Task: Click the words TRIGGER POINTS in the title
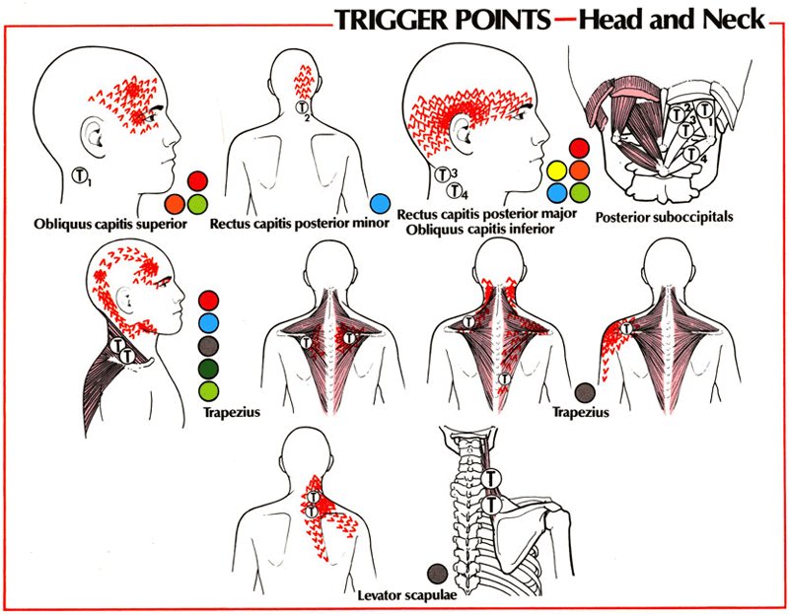click(441, 21)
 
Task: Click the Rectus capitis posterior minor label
click(285, 224)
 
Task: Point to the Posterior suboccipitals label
click(664, 216)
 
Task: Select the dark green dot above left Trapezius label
click(207, 370)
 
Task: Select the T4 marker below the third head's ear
click(455, 191)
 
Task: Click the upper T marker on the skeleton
click(492, 478)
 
